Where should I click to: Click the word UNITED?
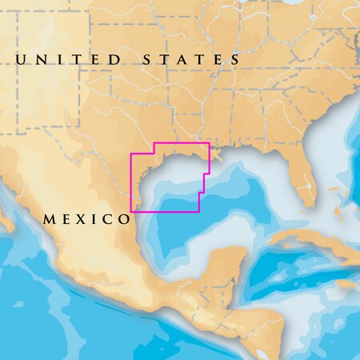tap(69, 60)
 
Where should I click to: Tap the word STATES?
tap(191, 60)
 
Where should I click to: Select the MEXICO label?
tap(86, 218)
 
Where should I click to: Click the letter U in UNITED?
tap(22, 60)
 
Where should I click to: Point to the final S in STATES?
tap(234, 60)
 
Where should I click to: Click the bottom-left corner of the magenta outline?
tap(132, 212)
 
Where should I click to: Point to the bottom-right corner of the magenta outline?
tap(199, 212)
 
